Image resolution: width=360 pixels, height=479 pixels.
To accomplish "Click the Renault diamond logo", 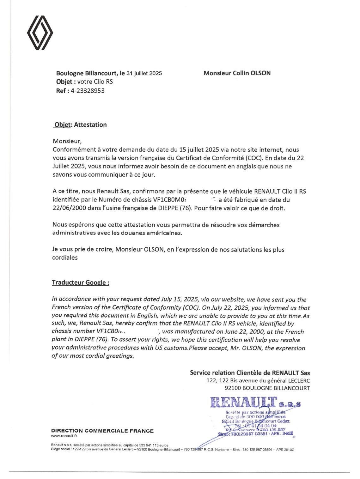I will pos(40,33).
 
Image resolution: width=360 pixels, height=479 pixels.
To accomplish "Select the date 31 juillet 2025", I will pos(144,73).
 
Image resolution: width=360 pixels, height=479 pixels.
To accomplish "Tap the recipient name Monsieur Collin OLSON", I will pos(237,73).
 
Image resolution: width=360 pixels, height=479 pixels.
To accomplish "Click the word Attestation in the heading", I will pos(90,125).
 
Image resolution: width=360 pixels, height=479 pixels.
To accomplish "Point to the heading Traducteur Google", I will pos(81,282).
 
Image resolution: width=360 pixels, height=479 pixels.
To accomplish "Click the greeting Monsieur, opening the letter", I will pos(67,141).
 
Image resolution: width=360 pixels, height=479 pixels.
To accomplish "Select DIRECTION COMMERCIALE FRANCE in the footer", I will pos(102,431).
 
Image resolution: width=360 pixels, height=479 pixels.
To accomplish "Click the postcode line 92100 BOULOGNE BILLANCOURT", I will pos(267,388).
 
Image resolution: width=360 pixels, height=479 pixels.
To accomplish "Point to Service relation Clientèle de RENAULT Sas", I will pos(250,373).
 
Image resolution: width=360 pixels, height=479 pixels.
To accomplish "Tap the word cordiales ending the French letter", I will pos(65,258).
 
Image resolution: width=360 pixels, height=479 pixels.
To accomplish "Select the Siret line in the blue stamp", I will pos(256,434).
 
